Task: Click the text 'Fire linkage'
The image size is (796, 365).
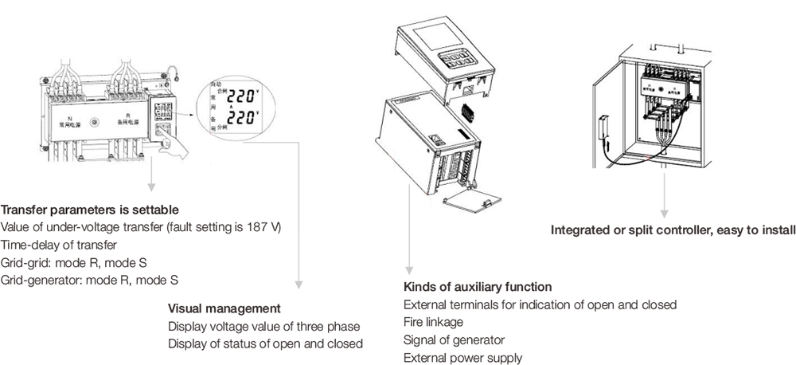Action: [433, 322]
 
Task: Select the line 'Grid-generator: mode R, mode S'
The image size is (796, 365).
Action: [89, 280]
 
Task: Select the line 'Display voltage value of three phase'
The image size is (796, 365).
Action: [263, 327]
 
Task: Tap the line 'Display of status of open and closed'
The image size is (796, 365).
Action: [265, 344]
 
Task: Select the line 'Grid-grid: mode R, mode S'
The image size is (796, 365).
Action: [78, 262]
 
